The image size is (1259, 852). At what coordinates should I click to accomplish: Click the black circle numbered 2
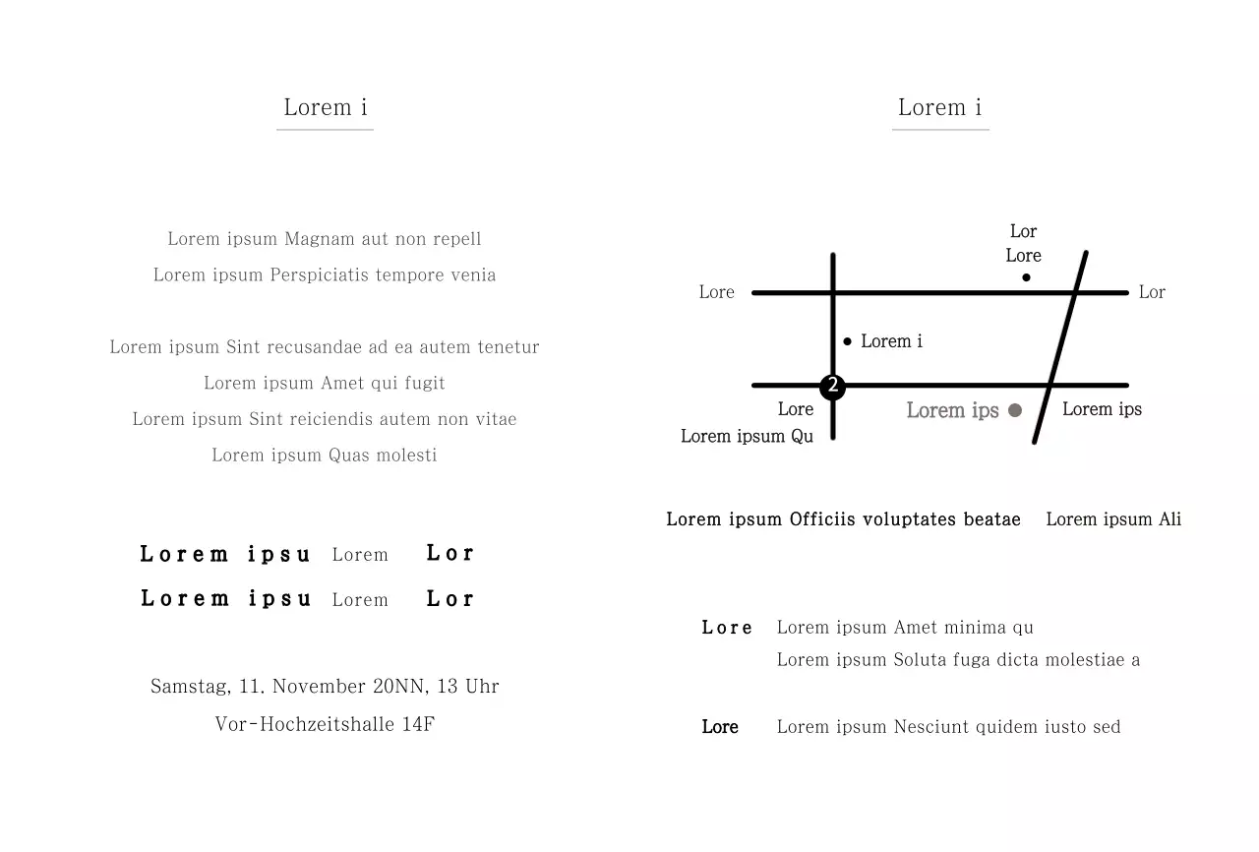pos(832,387)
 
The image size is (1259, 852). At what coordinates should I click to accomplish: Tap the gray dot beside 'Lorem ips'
pos(1015,410)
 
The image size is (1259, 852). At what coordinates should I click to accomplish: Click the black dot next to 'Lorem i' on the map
pos(848,341)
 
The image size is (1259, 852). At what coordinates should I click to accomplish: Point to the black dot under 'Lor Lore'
pos(1026,277)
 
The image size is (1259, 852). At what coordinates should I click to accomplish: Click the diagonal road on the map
pos(1060,347)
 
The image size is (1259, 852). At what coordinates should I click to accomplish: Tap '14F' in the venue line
pos(418,724)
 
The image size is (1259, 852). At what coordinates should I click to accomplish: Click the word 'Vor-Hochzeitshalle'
pos(305,724)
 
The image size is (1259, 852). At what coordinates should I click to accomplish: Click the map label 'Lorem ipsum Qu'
pos(747,436)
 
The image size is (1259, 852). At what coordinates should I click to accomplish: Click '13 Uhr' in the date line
pos(467,686)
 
